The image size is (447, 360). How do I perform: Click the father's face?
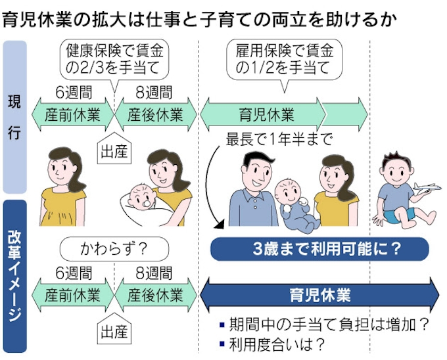[x=253, y=172]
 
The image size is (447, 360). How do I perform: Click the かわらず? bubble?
[x=112, y=249]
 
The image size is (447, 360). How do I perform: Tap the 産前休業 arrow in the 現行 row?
[x=72, y=115]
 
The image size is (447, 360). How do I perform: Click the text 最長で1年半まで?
[x=279, y=140]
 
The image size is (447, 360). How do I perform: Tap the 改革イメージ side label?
[x=14, y=276]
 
